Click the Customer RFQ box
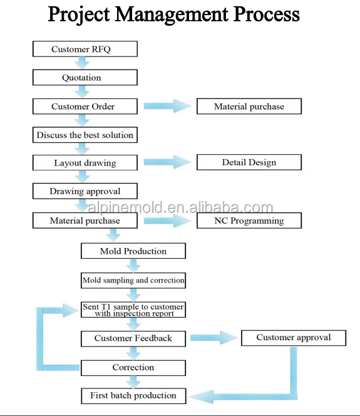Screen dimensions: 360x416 click(85, 49)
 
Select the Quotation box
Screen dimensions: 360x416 click(85, 78)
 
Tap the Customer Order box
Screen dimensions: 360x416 click(85, 107)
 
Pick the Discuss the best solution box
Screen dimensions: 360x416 click(85, 135)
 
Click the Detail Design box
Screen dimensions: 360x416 click(249, 162)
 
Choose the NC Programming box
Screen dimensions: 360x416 click(249, 221)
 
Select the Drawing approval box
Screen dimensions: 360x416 click(85, 191)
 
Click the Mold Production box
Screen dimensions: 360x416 click(133, 251)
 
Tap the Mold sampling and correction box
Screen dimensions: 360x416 click(133, 281)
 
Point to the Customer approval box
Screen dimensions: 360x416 click(294, 338)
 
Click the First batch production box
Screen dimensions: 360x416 click(133, 396)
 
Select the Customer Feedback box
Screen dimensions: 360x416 click(133, 339)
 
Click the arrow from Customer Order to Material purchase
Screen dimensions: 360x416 click(167, 106)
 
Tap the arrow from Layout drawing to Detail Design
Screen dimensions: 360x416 click(167, 162)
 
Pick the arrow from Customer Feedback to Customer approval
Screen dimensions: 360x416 click(214, 338)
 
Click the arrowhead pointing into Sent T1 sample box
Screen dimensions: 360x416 click(71, 310)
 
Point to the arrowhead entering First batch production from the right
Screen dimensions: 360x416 click(202, 397)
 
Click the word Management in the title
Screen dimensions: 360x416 click(172, 14)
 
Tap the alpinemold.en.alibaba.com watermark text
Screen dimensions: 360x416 click(180, 207)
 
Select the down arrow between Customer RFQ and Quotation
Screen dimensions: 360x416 click(82, 63)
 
